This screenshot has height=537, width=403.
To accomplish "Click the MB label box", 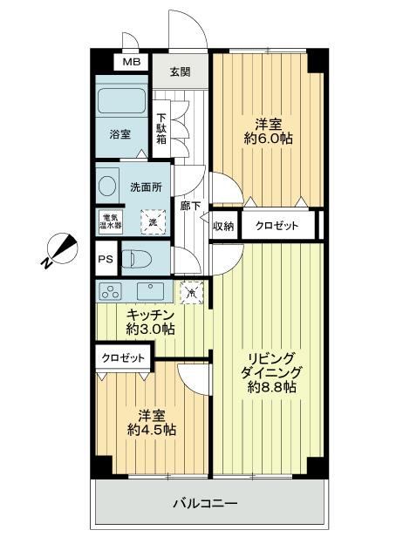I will (x=131, y=63).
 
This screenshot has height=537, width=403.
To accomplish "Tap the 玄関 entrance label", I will (x=181, y=72).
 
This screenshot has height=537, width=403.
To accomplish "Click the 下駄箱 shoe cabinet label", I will (x=161, y=133).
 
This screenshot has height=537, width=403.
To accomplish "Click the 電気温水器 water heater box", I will (x=111, y=221).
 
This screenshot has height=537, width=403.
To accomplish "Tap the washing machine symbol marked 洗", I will (x=154, y=221).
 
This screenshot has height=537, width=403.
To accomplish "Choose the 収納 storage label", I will (x=224, y=226).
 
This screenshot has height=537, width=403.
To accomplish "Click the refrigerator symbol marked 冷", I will (x=190, y=291).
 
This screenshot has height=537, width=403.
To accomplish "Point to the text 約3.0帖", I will (x=151, y=330).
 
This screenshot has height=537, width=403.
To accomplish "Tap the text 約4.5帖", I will (x=151, y=431).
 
